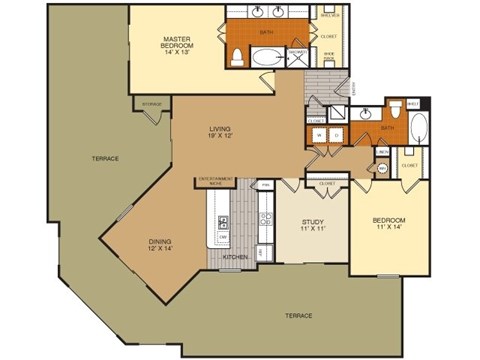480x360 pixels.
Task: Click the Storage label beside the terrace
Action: [x=152, y=102]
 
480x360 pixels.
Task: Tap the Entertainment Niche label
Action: [x=213, y=181]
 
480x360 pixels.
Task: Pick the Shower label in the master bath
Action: [x=297, y=53]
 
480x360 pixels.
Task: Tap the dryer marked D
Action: [x=335, y=134]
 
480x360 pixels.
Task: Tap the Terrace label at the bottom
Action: [x=299, y=315]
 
